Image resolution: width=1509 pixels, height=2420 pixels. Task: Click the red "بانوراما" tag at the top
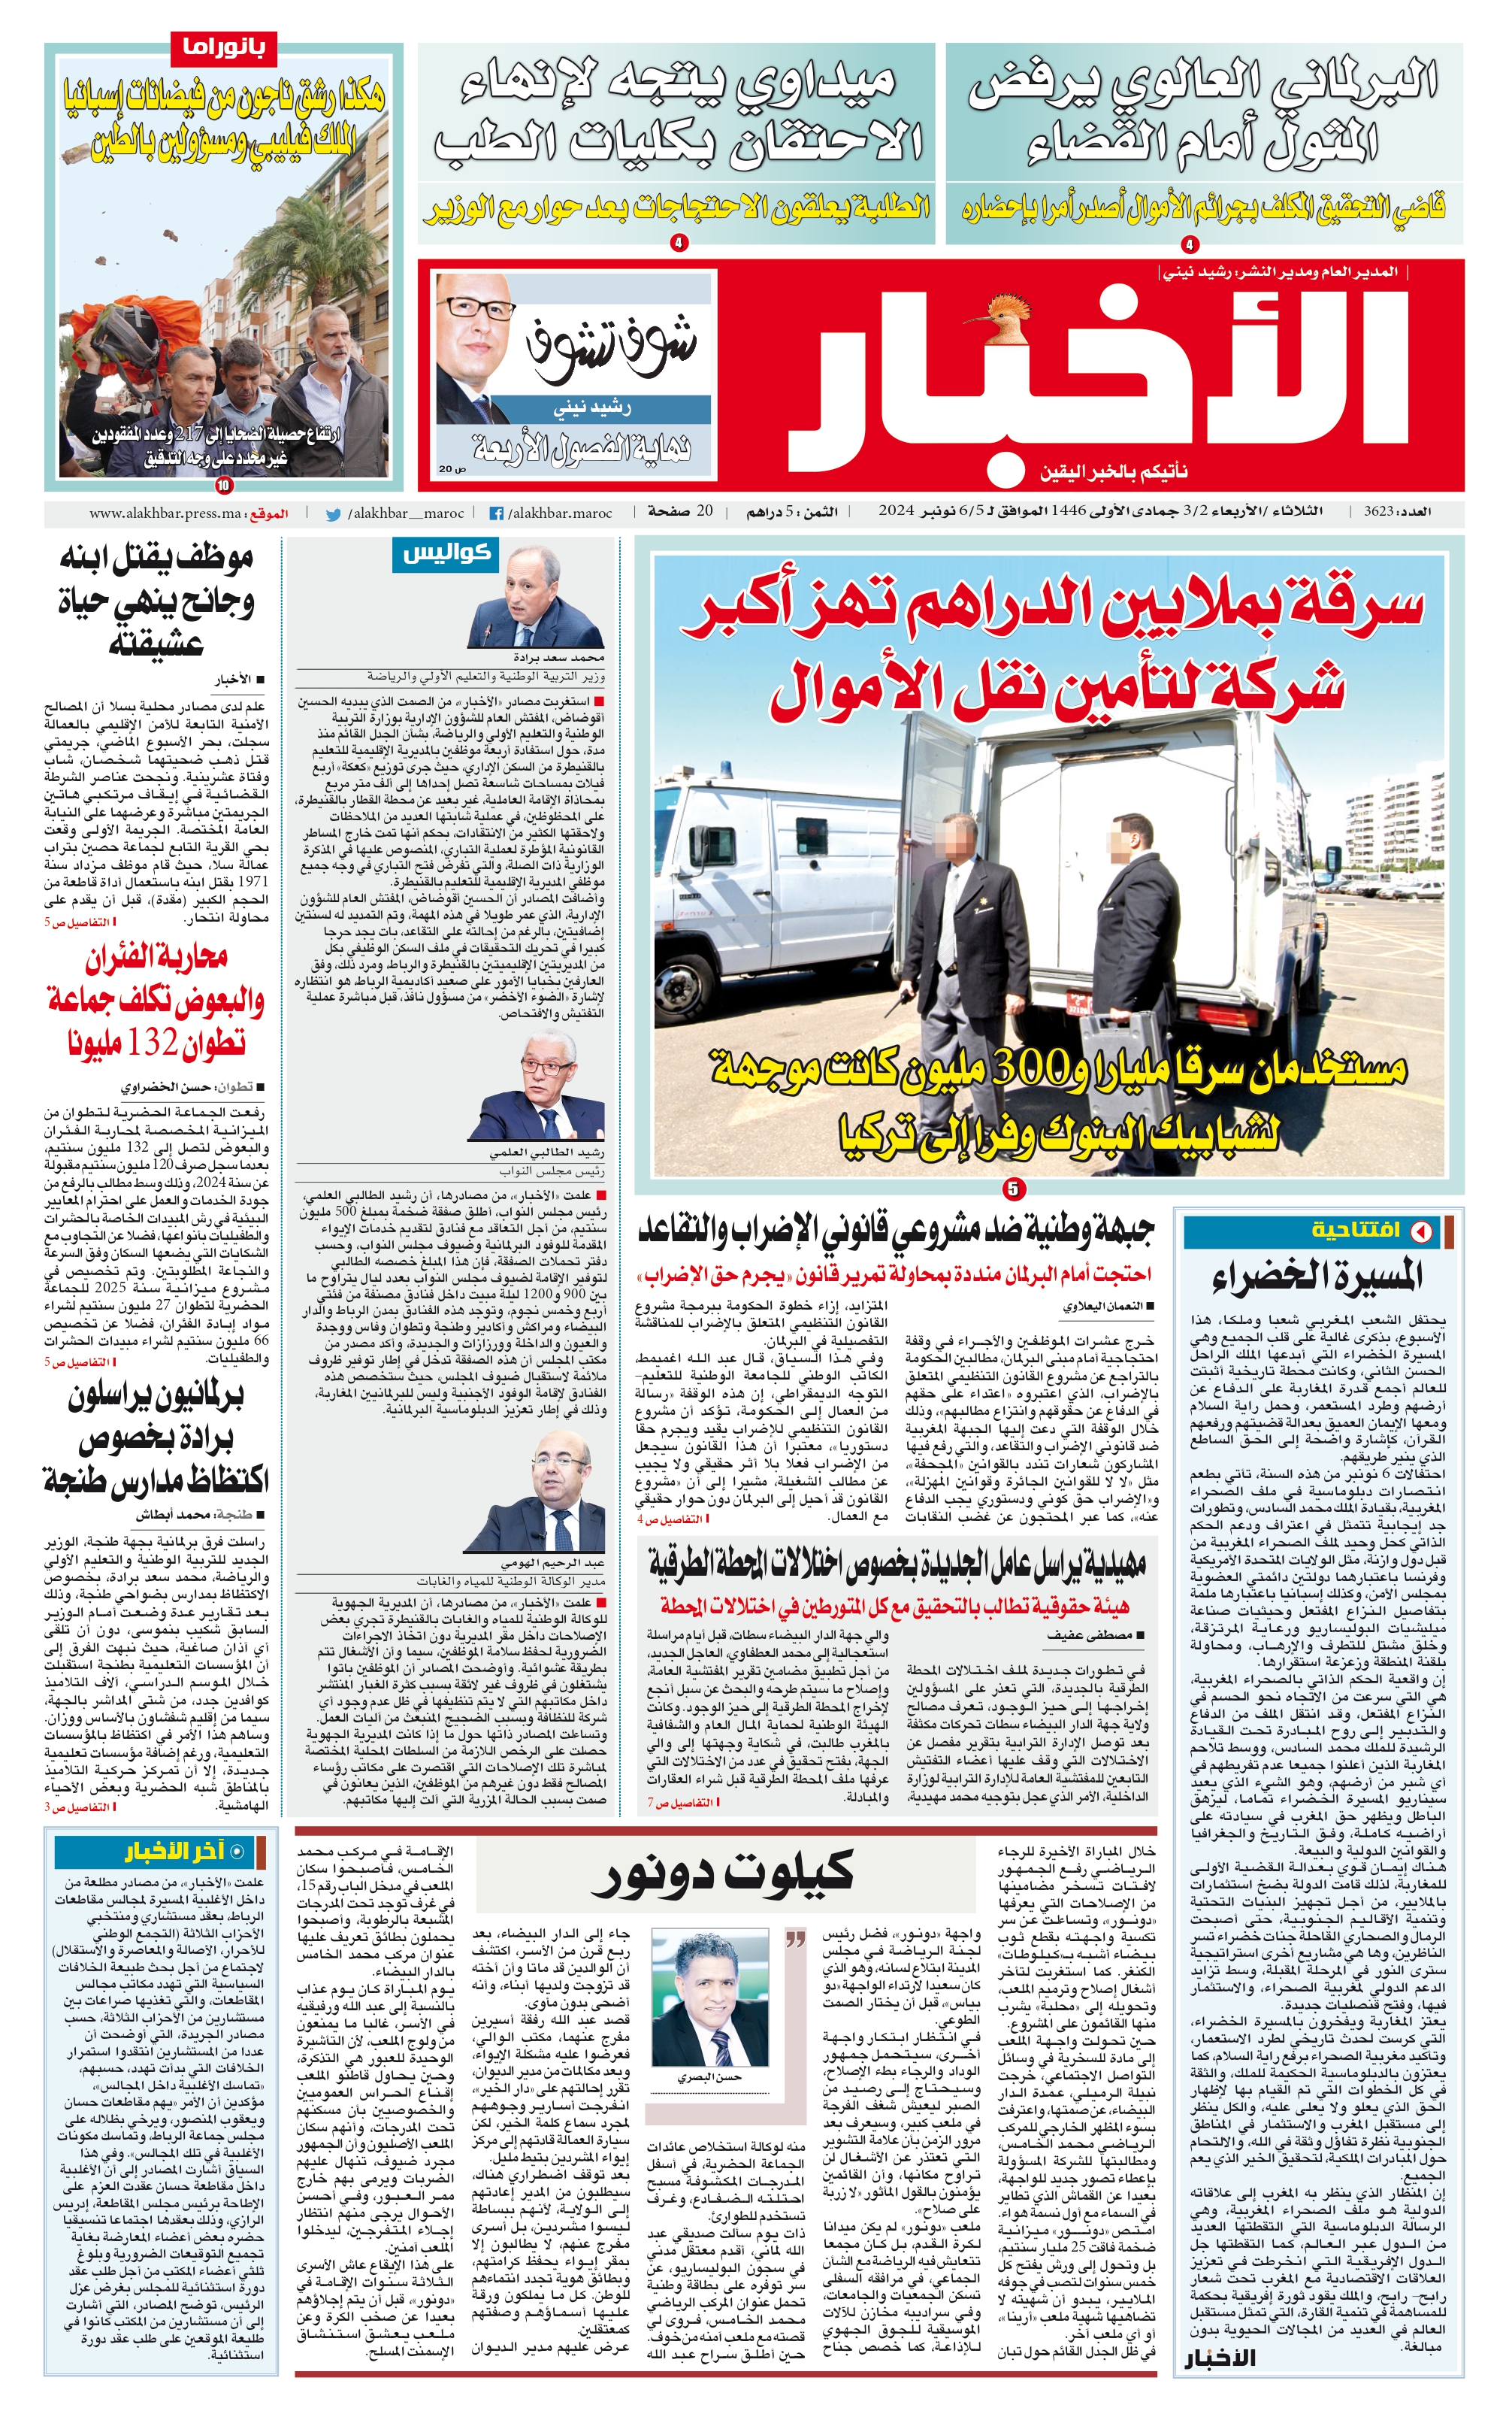[222, 47]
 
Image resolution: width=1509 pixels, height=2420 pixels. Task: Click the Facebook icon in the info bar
[495, 513]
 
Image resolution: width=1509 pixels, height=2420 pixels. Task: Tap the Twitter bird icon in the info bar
[334, 514]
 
